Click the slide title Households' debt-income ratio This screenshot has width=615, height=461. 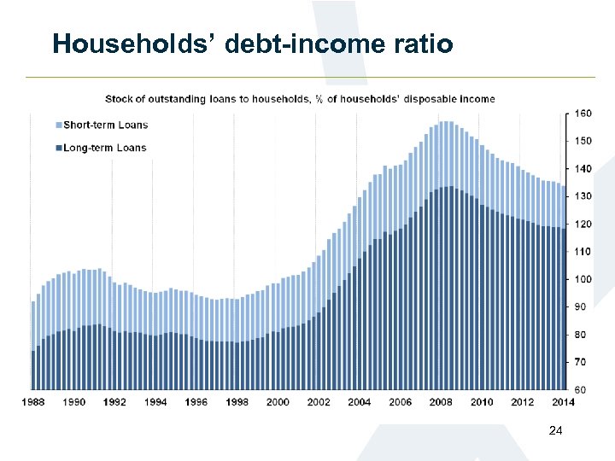coord(252,44)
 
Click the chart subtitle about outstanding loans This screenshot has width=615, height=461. coord(300,99)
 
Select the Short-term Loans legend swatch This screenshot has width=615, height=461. coord(59,125)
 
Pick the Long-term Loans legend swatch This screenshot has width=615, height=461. coord(59,148)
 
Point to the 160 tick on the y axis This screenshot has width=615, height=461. coord(582,114)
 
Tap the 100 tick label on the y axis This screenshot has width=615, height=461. coord(582,279)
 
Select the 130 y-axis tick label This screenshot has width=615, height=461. coord(582,196)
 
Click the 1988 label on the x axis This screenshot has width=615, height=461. coord(33,401)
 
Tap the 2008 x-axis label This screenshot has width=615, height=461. coord(441,401)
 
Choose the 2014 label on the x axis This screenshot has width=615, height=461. coord(563,401)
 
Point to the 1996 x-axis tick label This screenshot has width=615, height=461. coord(196,401)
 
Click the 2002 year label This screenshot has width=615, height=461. coord(319,401)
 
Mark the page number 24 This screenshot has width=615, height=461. coord(555,431)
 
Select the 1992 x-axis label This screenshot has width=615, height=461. coord(114,401)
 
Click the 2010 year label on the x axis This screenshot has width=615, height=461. coord(482,401)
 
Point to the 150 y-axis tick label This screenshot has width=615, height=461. coord(582,141)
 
